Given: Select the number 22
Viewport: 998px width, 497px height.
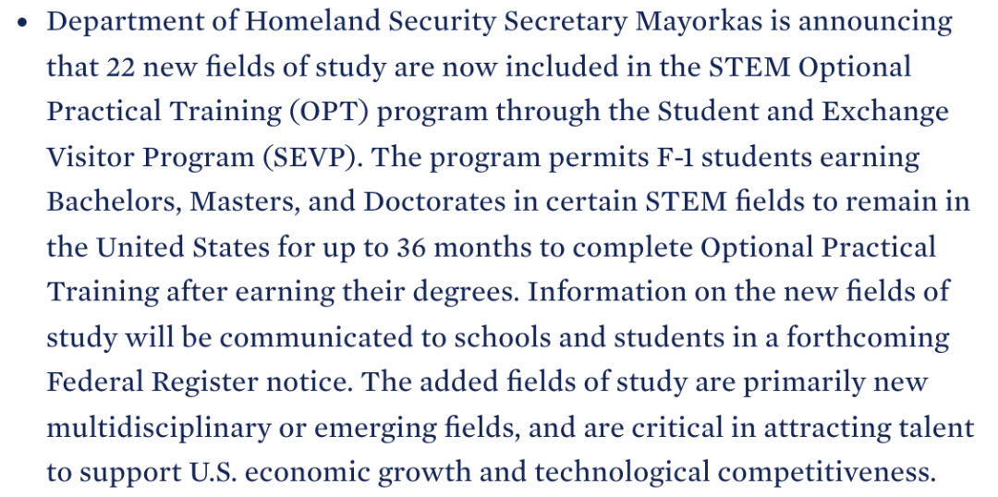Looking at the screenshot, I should (120, 67).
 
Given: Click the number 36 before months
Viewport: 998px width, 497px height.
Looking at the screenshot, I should (411, 247).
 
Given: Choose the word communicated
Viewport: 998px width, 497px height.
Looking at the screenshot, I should (323, 337).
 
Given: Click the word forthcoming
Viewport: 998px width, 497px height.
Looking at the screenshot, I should (868, 337).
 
